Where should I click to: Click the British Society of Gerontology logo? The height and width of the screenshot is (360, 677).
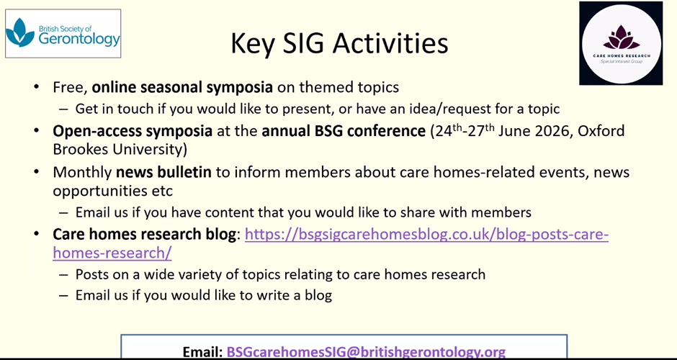(63, 33)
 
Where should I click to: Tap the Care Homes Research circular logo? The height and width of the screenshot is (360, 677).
(621, 43)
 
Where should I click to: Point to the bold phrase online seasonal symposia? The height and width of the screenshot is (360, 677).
(182, 88)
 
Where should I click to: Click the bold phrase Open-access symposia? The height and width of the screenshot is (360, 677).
(133, 131)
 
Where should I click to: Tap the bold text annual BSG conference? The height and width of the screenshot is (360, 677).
(344, 130)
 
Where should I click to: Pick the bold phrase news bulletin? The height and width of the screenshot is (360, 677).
(163, 172)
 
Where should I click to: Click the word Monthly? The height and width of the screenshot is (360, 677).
(82, 173)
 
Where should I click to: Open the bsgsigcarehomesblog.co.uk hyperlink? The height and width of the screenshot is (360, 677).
(331, 243)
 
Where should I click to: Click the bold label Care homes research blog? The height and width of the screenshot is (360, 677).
(145, 235)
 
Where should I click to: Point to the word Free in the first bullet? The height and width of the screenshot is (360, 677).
(71, 88)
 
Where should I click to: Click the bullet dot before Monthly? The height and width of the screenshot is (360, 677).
(37, 172)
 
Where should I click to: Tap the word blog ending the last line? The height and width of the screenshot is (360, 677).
(318, 295)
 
